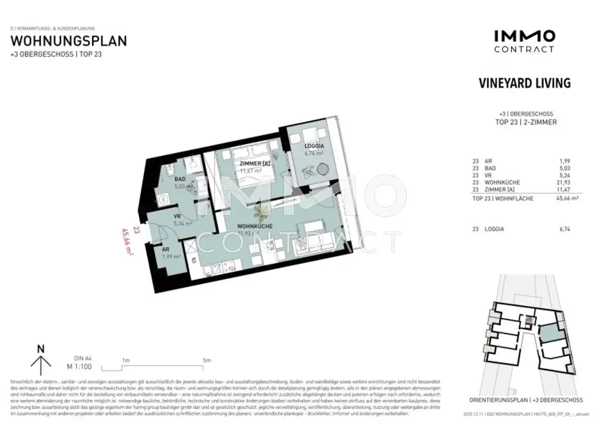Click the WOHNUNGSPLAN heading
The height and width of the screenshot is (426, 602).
tap(69, 41)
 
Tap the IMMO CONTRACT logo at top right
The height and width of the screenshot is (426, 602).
tap(523, 41)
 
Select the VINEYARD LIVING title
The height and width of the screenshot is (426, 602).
tap(525, 83)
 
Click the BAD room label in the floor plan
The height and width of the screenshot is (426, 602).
tap(180, 179)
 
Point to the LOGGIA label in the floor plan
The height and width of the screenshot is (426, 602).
tap(314, 146)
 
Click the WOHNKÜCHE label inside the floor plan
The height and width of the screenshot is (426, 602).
tap(253, 226)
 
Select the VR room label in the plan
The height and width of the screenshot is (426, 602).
tap(176, 215)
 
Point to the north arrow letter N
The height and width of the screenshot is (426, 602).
tap(41, 348)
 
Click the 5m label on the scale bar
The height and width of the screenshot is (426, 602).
tap(206, 360)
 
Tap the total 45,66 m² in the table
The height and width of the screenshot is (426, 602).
tap(562, 199)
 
